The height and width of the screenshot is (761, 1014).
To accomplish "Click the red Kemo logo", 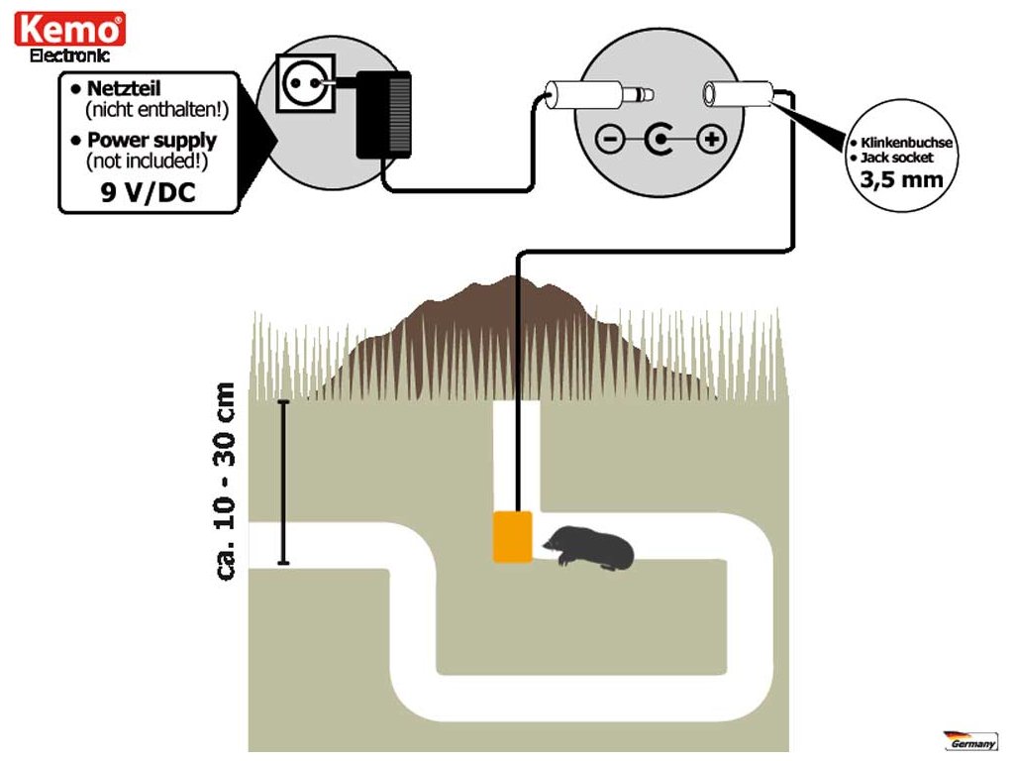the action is click(x=70, y=29).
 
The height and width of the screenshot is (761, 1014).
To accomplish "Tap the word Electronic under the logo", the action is click(x=70, y=55).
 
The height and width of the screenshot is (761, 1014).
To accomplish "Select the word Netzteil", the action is click(x=124, y=88).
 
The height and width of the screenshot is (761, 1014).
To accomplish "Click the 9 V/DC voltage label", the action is click(x=149, y=192).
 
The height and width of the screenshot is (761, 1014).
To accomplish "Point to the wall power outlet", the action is click(x=306, y=83).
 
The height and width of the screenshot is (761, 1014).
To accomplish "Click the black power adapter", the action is click(x=383, y=115).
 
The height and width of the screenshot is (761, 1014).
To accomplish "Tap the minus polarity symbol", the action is click(x=609, y=139).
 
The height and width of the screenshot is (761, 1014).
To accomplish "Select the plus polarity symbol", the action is click(x=711, y=139).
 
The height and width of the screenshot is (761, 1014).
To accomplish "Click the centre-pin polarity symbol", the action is click(x=659, y=139).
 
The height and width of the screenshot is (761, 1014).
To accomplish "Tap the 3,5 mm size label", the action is click(x=901, y=179).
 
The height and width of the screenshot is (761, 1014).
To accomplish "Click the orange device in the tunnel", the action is click(x=513, y=536).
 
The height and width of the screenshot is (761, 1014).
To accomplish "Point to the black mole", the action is click(x=588, y=548).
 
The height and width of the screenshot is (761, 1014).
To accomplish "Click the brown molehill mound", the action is click(x=511, y=337).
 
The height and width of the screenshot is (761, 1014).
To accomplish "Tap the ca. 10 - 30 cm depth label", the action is click(x=225, y=482).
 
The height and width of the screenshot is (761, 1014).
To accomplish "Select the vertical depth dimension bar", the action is click(x=283, y=483).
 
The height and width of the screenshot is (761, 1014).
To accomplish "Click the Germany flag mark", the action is click(x=970, y=740).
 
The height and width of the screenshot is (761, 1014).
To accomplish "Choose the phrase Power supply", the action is click(x=152, y=140).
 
